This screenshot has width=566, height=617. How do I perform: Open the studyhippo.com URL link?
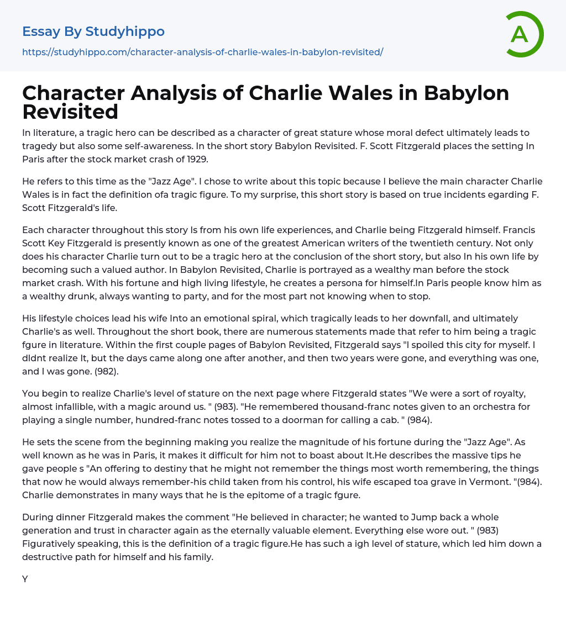(202, 52)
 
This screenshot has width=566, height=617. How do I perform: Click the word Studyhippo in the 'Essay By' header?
(125, 31)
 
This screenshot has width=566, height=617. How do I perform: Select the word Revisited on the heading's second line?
(70, 112)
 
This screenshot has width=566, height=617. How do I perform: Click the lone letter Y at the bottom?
(25, 579)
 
